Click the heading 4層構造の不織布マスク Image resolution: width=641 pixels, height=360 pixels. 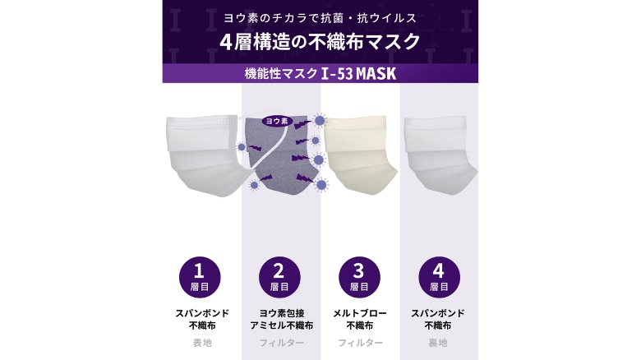[x=320, y=41]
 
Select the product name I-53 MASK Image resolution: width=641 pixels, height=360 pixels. [x=359, y=73]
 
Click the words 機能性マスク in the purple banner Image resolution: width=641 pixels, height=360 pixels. [x=281, y=73]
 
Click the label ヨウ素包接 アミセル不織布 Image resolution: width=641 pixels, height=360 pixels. [x=280, y=319]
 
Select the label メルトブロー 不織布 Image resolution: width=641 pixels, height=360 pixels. [x=359, y=319]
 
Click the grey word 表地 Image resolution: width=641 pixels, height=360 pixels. [x=201, y=342]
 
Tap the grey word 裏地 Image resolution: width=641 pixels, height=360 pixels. [x=439, y=342]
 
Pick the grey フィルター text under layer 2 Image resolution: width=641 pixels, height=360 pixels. [x=280, y=342]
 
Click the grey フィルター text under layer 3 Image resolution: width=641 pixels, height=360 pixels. [x=359, y=342]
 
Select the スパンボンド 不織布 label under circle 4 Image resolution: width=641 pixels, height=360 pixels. [x=439, y=319]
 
